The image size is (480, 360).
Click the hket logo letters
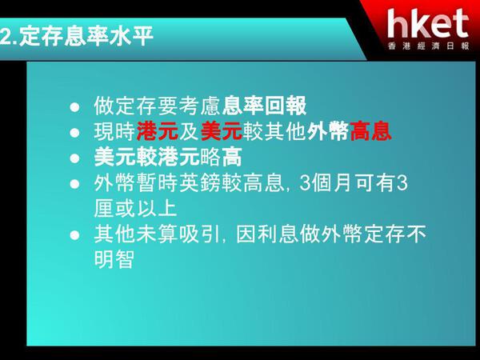point(428,24)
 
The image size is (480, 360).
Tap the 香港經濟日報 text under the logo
point(428,46)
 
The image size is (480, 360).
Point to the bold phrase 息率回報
point(264,106)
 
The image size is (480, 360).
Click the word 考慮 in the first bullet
point(200,106)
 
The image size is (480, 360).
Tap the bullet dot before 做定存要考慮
point(74,107)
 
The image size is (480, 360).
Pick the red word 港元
point(158,132)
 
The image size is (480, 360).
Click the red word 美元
point(222,132)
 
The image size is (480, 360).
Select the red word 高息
point(370,132)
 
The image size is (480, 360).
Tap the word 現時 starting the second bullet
point(114,132)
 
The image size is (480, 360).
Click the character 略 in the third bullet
point(210,157)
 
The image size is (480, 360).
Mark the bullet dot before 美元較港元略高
point(74,158)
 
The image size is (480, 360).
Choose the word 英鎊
point(200,182)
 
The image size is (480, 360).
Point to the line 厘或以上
point(136,209)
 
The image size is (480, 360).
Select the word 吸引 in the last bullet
point(200,234)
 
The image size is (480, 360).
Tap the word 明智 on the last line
point(114,260)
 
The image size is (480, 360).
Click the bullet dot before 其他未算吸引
point(74,235)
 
